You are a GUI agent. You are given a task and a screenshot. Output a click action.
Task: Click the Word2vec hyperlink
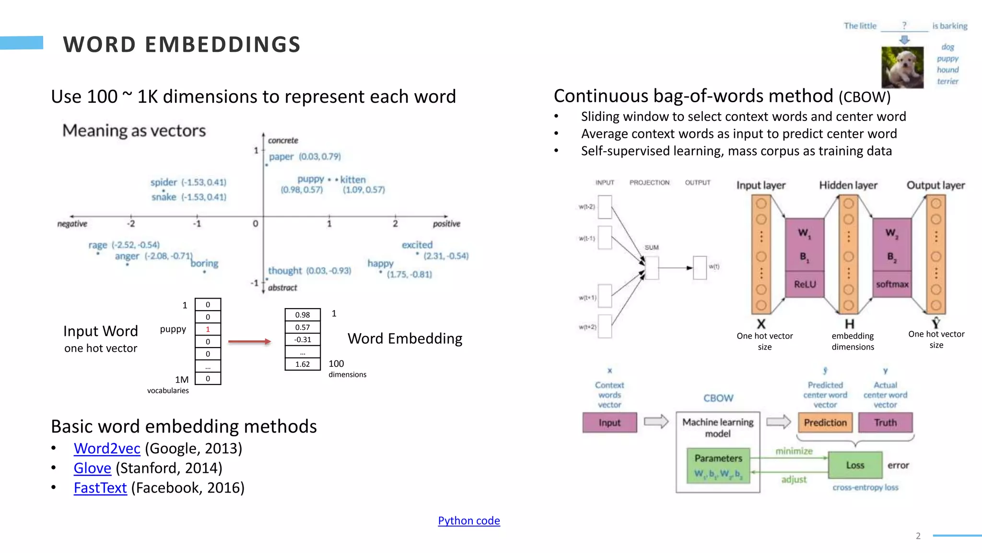click(x=107, y=448)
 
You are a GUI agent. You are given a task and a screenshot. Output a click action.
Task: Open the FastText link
click(x=100, y=488)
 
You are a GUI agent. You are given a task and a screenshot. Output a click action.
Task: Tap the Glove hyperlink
click(x=92, y=468)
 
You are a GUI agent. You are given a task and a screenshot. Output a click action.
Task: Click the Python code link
click(x=468, y=521)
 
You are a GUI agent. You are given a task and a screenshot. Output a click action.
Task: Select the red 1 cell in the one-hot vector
click(x=208, y=329)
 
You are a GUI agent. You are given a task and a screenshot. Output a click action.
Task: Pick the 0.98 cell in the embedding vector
click(x=302, y=315)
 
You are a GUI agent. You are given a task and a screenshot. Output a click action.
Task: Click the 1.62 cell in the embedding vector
click(x=302, y=364)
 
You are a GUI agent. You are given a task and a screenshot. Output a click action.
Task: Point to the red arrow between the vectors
click(x=249, y=342)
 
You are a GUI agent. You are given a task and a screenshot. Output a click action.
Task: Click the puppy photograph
click(x=902, y=67)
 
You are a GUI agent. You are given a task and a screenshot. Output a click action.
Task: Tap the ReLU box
click(x=805, y=284)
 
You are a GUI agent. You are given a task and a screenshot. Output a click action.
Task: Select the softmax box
click(x=892, y=284)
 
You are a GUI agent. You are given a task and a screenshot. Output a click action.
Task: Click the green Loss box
click(x=855, y=465)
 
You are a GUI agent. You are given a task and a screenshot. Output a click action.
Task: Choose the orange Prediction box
click(x=825, y=422)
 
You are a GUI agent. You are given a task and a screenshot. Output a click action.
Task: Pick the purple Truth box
click(x=885, y=422)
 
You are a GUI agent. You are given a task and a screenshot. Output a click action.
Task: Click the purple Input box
click(x=609, y=422)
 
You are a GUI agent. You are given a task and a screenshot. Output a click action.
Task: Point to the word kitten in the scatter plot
click(x=353, y=180)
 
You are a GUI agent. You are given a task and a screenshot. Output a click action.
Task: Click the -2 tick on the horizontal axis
click(x=131, y=224)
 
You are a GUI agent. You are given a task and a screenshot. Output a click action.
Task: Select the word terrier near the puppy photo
click(x=947, y=82)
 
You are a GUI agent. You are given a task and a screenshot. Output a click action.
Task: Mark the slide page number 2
click(x=918, y=536)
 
